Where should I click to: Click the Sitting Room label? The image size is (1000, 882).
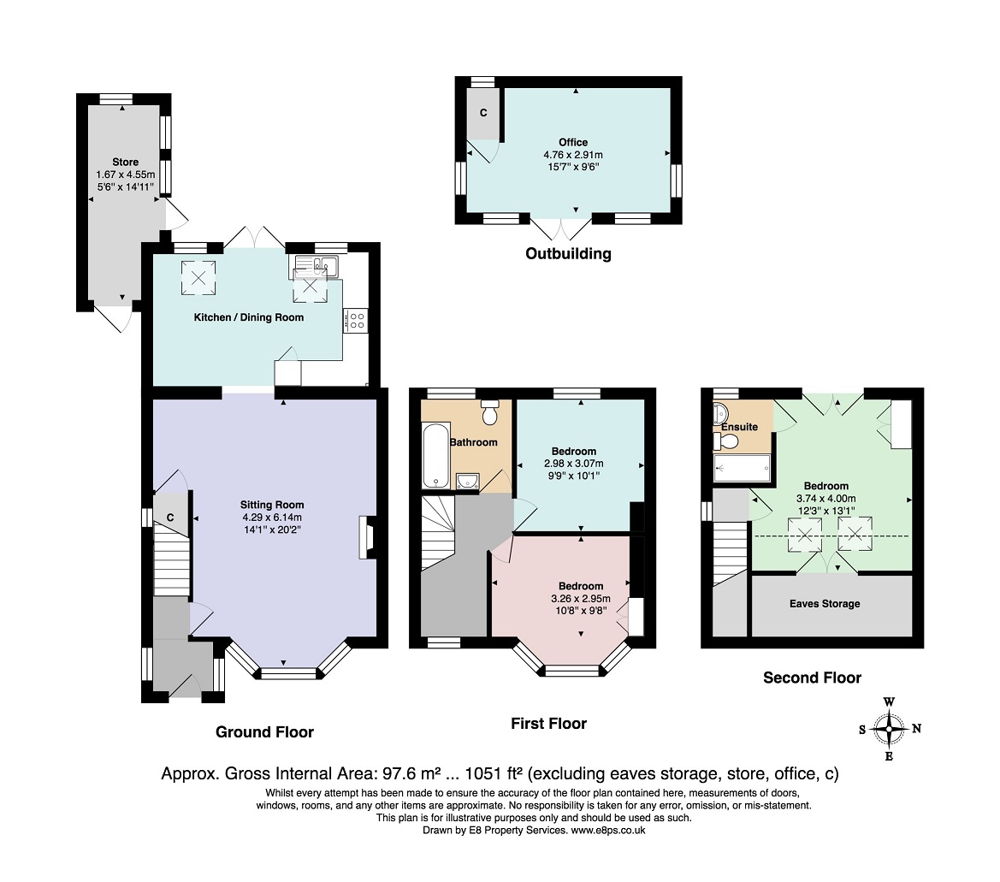(272, 505)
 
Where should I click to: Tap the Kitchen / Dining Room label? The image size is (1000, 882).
(249, 317)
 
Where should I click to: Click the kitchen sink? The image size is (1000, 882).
(317, 264)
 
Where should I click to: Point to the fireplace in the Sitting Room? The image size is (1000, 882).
(367, 537)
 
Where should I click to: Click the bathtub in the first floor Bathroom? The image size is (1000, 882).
(435, 455)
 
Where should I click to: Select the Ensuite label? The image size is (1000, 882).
(740, 427)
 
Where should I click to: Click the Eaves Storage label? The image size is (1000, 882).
(825, 603)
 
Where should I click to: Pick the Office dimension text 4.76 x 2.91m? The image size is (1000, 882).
(572, 154)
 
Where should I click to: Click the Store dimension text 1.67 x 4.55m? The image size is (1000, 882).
(125, 175)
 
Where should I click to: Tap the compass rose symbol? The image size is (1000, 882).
(889, 728)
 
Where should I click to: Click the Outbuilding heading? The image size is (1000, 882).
(568, 254)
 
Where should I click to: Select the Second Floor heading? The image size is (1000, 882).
(812, 678)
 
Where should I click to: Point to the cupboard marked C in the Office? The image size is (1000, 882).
(482, 113)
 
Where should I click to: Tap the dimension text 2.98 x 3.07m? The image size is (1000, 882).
(573, 464)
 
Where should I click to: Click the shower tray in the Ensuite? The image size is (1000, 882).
(742, 468)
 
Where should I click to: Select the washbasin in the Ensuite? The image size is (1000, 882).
(720, 411)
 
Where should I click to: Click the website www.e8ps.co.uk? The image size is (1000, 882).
(607, 831)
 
